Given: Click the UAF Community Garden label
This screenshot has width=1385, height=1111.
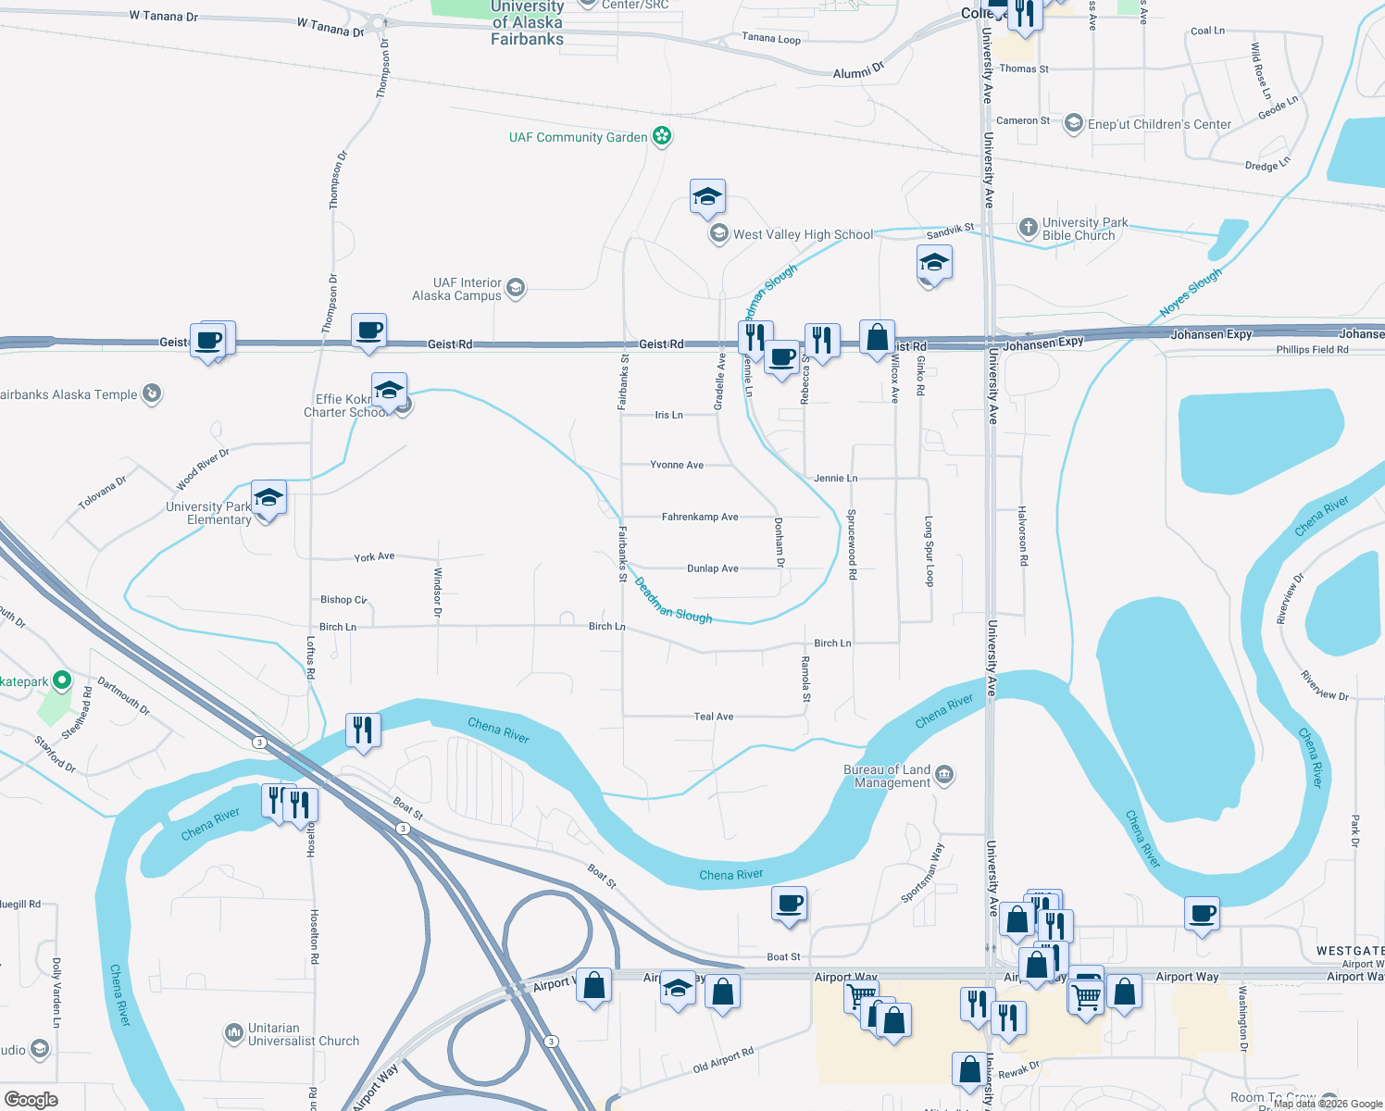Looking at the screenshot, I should [x=578, y=137].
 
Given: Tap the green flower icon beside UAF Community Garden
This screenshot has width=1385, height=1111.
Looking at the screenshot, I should [x=662, y=137].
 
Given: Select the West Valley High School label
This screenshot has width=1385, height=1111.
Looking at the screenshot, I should [x=803, y=234].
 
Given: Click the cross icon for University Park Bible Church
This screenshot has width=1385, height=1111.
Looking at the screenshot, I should [x=1028, y=228].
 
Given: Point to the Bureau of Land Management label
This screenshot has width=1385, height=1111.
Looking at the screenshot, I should [x=887, y=776].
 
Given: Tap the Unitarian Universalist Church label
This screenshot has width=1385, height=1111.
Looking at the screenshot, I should [x=303, y=1034].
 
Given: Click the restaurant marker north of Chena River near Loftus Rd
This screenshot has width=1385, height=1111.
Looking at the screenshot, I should [x=363, y=730].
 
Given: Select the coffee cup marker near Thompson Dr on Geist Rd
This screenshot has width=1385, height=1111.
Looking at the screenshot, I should [x=368, y=331].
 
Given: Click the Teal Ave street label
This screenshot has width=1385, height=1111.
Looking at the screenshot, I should [x=714, y=717].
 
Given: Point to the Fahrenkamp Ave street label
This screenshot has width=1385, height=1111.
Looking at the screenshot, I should [x=700, y=517].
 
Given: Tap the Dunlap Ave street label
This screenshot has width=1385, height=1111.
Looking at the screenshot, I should [x=713, y=568].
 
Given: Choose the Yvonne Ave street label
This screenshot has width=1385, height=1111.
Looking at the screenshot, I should [x=677, y=465].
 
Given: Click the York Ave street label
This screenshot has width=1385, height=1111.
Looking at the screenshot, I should [x=374, y=557].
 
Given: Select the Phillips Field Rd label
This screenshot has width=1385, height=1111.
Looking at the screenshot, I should [x=1312, y=350].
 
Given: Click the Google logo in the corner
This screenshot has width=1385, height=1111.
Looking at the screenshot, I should [x=31, y=1100].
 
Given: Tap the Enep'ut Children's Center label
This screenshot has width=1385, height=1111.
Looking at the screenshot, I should [x=1159, y=124].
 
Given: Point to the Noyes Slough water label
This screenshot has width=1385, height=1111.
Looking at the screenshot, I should [x=1191, y=293].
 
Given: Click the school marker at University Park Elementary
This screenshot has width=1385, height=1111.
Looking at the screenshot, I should [x=268, y=498].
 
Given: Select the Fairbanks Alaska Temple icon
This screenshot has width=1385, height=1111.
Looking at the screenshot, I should [x=152, y=394].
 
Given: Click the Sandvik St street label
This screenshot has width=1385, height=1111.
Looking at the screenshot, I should [x=950, y=231].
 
